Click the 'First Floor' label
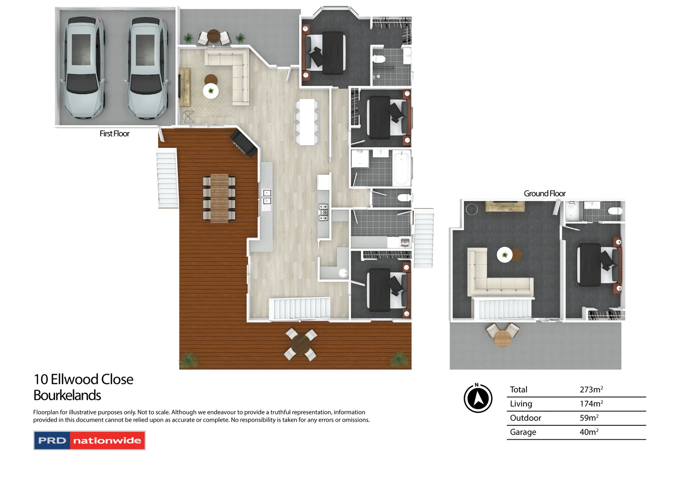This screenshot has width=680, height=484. pyautogui.click(x=114, y=134)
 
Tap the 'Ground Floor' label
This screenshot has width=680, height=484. pyautogui.click(x=544, y=194)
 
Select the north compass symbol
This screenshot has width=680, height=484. pyautogui.click(x=478, y=398)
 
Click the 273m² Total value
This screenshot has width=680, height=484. pyautogui.click(x=591, y=389)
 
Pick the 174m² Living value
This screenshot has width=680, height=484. pyautogui.click(x=591, y=404)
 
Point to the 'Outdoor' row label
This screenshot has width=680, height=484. pyautogui.click(x=525, y=418)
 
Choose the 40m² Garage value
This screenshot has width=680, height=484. pyautogui.click(x=589, y=432)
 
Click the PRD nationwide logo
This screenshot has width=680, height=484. pyautogui.click(x=90, y=441)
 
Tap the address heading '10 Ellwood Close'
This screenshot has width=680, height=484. pyautogui.click(x=83, y=380)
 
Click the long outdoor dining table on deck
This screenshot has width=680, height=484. pyautogui.click(x=219, y=198)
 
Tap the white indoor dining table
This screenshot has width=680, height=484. pyautogui.click(x=307, y=122)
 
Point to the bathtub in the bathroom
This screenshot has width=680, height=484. pyautogui.click(x=401, y=168)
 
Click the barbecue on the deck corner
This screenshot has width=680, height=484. pyautogui.click(x=243, y=143)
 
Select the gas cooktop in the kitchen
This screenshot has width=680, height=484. pyautogui.click(x=323, y=212)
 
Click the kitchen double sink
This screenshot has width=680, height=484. pyautogui.click(x=267, y=197)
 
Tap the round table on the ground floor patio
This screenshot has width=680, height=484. pyautogui.click(x=503, y=338)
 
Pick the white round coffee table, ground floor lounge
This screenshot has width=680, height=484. pyautogui.click(x=505, y=255)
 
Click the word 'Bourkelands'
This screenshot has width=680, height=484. pyautogui.click(x=67, y=396)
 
